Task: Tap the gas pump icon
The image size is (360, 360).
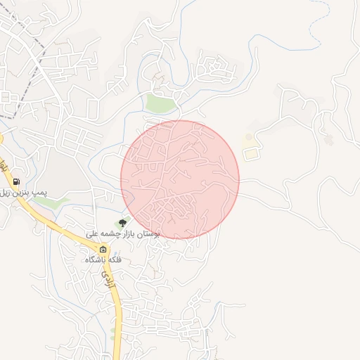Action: point(15,181)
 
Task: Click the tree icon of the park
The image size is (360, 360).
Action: point(123,223)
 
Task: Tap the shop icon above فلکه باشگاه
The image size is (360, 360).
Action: point(103,250)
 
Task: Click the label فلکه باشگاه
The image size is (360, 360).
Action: point(103,260)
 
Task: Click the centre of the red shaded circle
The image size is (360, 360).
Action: point(180,179)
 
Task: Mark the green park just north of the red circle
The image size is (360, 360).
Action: point(160,104)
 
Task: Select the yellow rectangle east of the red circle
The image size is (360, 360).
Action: point(250,153)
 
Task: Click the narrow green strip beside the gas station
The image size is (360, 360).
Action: point(49,202)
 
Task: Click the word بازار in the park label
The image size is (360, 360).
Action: point(139,233)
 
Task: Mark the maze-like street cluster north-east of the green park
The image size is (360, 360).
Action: point(215,68)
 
